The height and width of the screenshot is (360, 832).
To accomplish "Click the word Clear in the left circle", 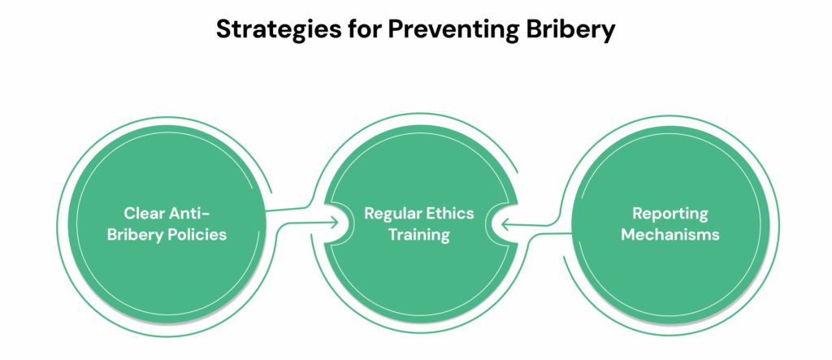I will pyautogui.click(x=145, y=214).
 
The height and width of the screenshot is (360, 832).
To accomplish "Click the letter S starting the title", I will pyautogui.click(x=224, y=31).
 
